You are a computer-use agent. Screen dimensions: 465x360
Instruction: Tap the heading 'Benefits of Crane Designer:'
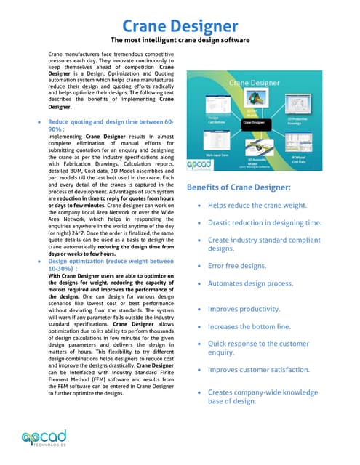click(x=239, y=187)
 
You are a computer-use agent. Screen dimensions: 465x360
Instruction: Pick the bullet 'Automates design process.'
click(x=250, y=283)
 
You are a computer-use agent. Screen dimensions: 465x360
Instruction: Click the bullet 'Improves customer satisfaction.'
click(x=259, y=370)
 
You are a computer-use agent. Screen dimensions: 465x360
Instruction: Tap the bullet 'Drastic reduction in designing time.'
click(x=264, y=222)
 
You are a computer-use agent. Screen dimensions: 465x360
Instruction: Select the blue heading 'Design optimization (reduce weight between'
click(x=111, y=261)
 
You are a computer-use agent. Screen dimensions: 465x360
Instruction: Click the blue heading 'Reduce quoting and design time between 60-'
click(x=111, y=123)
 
